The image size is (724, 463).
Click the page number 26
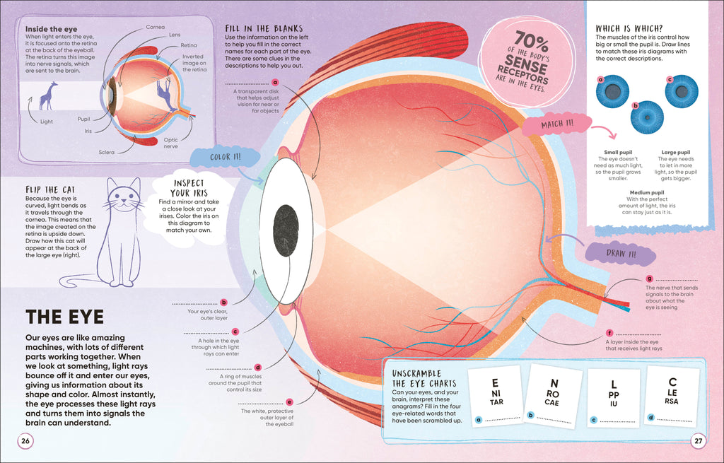point(25,441)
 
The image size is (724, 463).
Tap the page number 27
point(698,441)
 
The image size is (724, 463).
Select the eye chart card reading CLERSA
point(672,393)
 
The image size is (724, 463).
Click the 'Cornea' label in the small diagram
point(156,27)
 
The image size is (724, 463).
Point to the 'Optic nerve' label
point(170,143)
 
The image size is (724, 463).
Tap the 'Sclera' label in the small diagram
point(107,152)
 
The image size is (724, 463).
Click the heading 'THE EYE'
point(64,316)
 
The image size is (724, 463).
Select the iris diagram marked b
point(647,117)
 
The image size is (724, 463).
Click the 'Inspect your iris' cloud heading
point(189,187)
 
